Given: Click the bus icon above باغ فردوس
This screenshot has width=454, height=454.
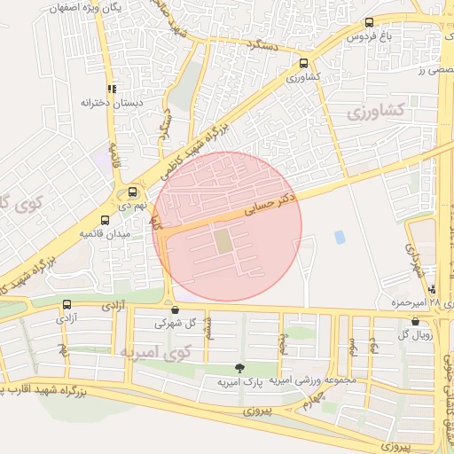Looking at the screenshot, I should [368, 23].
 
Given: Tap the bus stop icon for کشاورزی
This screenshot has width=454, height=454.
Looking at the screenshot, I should [304, 63].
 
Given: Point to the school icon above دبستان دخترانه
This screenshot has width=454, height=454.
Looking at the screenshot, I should [112, 89].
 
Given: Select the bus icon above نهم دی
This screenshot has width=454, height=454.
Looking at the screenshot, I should [133, 191].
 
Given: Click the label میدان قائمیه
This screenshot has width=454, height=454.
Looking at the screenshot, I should [106, 234].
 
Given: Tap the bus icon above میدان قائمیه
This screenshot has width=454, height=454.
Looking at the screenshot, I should [106, 220].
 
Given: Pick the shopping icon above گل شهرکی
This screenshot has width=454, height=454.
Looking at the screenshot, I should [174, 310].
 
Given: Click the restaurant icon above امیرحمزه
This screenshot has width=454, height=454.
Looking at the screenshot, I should [432, 289].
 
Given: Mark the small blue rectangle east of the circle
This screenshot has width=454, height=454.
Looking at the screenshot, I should [340, 238].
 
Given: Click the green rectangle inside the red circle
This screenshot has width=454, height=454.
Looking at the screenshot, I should [222, 239].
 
